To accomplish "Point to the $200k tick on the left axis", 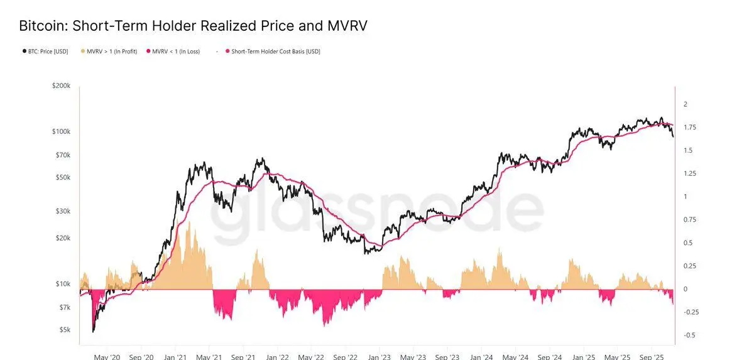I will click(x=62, y=85).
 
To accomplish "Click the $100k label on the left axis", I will click(x=62, y=132).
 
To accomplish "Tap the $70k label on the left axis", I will click(x=63, y=155).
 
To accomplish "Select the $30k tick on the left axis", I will click(x=63, y=212).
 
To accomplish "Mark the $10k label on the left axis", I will click(x=63, y=284).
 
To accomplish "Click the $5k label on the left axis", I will click(x=65, y=330).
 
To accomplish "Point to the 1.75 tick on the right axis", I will click(x=690, y=128).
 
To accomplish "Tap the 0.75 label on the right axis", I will click(x=690, y=219).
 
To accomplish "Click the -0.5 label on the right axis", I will click(x=689, y=335).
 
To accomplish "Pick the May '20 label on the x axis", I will click(x=107, y=356).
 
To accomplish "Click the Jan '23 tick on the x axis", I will click(x=378, y=356).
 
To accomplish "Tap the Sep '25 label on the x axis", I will click(x=651, y=356).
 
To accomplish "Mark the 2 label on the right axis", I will click(x=686, y=104).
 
